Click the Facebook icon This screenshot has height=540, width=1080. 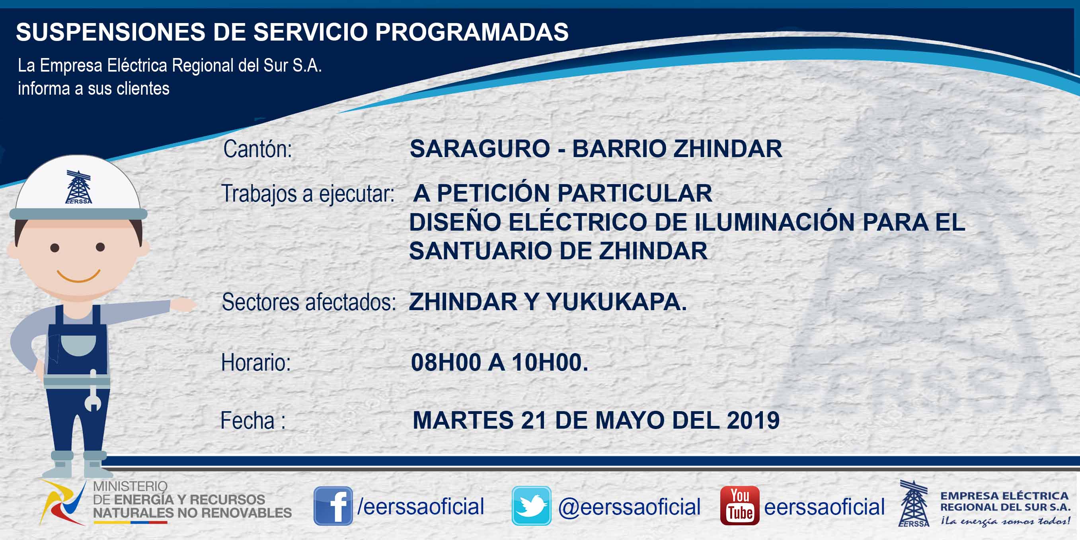pos(333,506)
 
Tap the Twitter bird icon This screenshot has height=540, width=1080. pos(531,506)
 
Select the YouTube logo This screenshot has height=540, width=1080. pos(739,506)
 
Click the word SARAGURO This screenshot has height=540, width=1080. pos(480,149)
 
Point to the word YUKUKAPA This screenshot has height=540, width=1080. pos(616,302)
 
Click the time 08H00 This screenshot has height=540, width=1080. pos(446,362)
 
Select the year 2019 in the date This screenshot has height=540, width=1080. pos(753,420)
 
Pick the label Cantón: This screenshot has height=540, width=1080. pos(257,149)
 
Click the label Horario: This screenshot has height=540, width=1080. pos(256,362)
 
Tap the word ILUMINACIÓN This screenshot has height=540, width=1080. pos(774,221)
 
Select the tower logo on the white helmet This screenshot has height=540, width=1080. pos(78,187)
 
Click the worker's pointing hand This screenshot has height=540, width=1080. pos(183,305)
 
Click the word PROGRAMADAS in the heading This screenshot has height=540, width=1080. pos(472,32)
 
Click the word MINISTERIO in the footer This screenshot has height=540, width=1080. pos(131,486)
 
